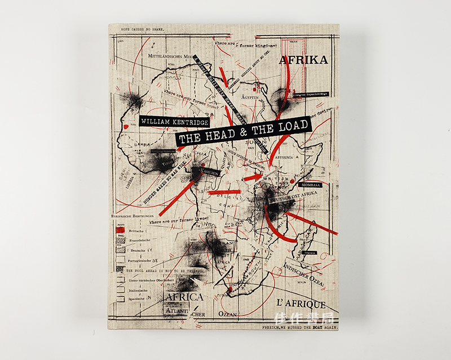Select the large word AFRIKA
(303, 60)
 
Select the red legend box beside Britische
(120, 230)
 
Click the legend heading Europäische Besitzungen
(133, 215)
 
